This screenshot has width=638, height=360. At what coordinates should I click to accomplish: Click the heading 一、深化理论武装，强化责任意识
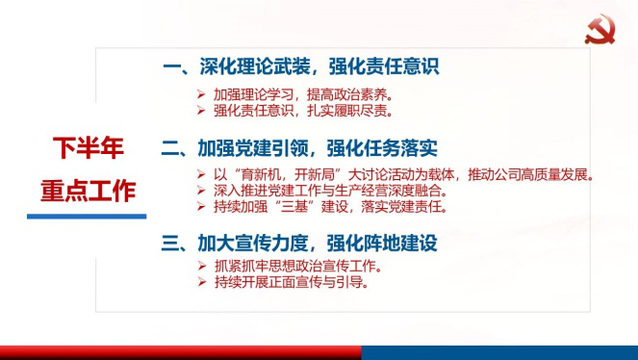pos(301,67)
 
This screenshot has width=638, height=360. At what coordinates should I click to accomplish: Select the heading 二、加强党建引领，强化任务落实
pos(300,148)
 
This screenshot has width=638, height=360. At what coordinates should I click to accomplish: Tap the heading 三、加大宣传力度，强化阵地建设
pos(300,243)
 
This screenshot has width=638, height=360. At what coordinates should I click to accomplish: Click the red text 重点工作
pos(88,190)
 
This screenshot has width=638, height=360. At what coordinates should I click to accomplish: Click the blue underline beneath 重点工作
pos(87,216)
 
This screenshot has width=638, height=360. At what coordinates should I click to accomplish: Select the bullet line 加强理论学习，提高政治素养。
pos(302,95)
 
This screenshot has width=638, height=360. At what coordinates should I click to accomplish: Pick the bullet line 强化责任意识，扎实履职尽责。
pos(302,112)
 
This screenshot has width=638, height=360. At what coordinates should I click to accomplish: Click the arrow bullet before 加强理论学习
pos(200,95)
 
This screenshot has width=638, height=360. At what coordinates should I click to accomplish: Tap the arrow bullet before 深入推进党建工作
pos(200,191)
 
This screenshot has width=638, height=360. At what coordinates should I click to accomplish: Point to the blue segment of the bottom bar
pos(499,352)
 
